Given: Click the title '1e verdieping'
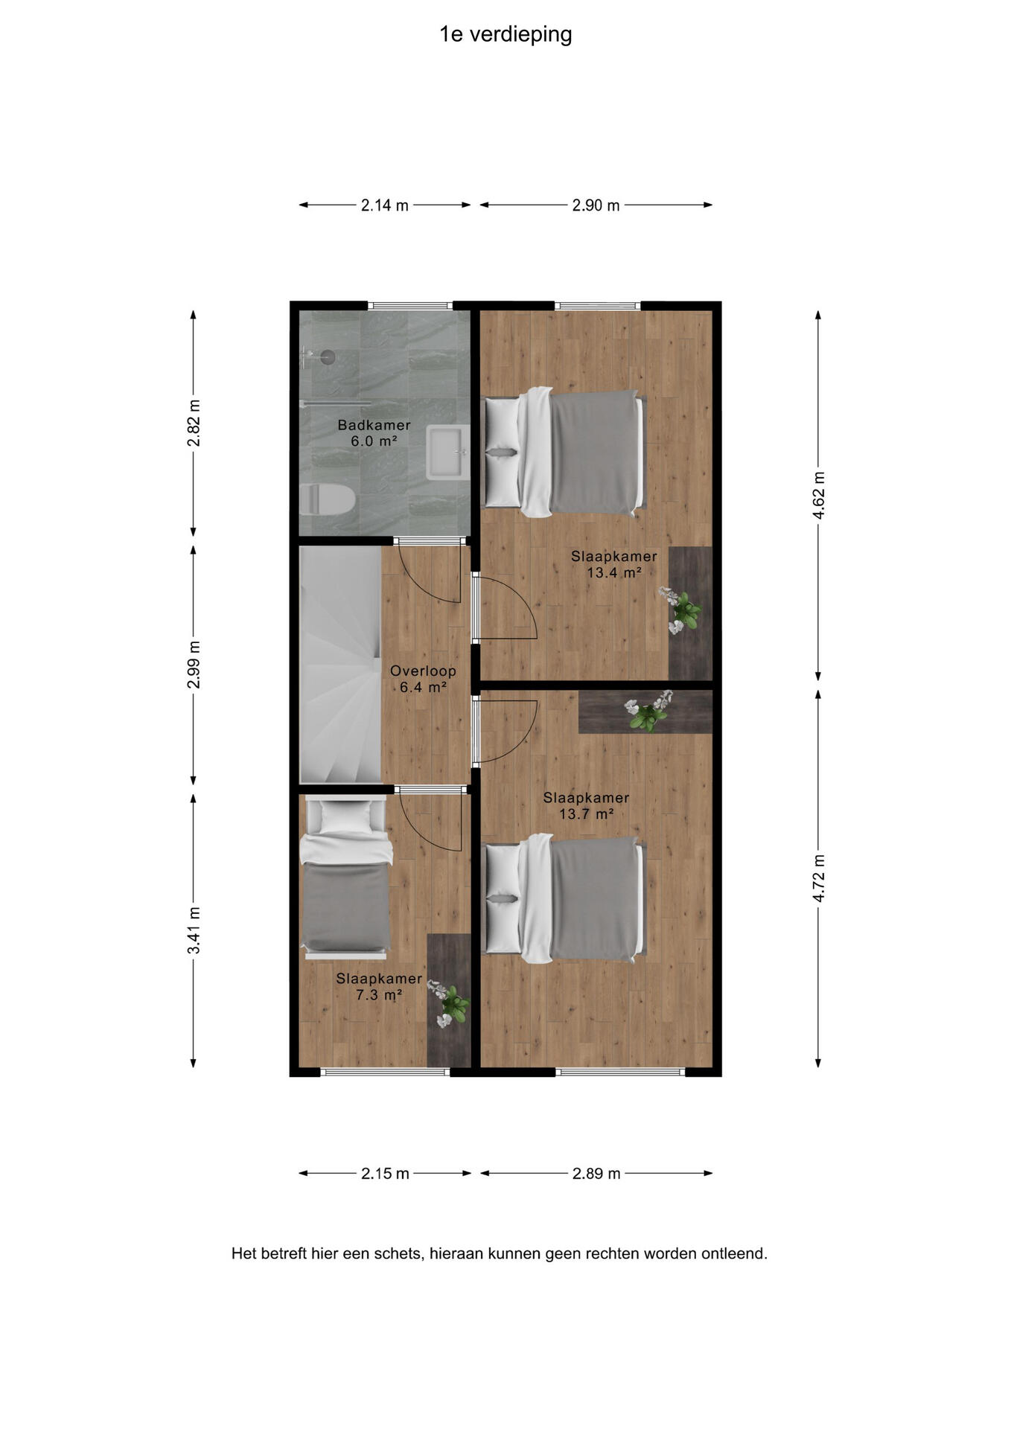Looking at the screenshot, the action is click(505, 35).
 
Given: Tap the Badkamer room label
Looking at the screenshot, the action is click(374, 425).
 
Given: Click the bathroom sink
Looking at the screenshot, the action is click(447, 453).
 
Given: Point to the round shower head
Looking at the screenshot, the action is click(328, 357).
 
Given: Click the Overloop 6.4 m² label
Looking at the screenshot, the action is click(423, 679).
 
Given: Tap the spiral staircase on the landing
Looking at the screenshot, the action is click(340, 664).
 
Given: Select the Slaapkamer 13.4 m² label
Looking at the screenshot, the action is click(614, 564).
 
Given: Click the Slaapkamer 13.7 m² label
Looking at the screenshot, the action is click(586, 805).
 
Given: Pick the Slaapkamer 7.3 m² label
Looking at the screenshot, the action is click(379, 987).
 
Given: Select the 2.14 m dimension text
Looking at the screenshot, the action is click(385, 205).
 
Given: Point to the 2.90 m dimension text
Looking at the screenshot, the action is click(596, 205).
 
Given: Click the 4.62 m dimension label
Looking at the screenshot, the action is click(818, 496).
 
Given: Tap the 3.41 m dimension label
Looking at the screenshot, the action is click(194, 930).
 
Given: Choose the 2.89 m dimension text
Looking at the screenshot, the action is click(596, 1174).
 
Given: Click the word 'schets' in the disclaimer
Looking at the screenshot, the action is click(401, 1253).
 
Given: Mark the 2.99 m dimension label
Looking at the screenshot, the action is click(194, 665).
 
